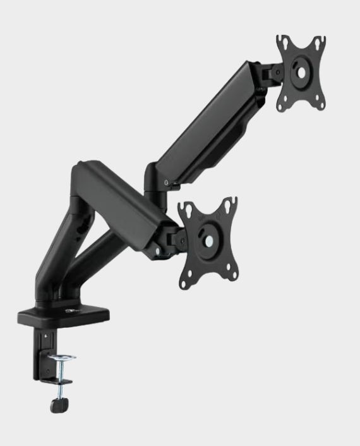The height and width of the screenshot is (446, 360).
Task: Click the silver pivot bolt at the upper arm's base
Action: (x=166, y=183)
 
